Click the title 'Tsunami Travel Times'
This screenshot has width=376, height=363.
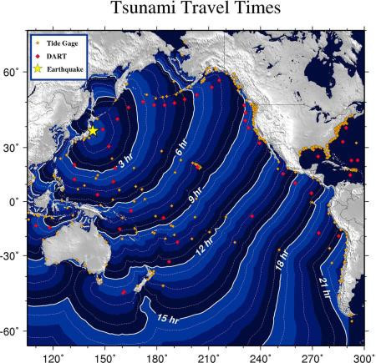click(188, 11)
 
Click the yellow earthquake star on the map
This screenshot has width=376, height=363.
click(93, 130)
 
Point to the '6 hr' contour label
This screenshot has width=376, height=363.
click(181, 150)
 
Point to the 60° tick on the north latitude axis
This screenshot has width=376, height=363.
click(15, 73)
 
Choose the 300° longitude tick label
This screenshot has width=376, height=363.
click(363, 355)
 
